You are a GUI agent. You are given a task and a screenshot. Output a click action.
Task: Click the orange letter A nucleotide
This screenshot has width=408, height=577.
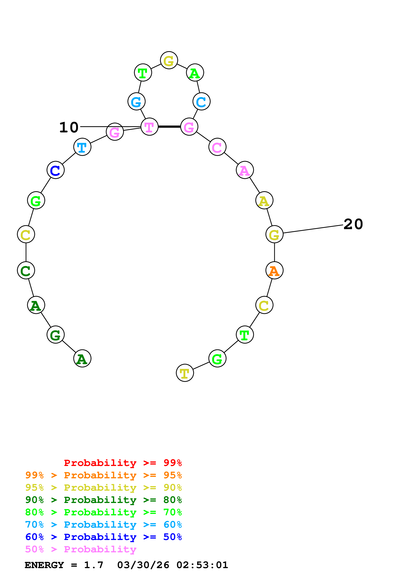click(x=274, y=270)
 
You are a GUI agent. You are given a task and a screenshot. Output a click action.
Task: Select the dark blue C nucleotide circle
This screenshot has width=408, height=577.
click(x=56, y=170)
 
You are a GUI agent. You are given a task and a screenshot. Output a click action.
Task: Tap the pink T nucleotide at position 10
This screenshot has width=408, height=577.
click(x=149, y=127)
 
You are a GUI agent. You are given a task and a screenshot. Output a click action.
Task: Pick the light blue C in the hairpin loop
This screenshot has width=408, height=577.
click(x=201, y=101)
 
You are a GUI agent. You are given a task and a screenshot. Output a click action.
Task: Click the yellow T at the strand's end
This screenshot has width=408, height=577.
click(x=185, y=373)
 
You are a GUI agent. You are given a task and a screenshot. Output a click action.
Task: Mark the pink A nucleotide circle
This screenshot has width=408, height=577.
click(x=245, y=170)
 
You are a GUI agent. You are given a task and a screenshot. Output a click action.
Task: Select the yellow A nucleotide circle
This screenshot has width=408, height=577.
click(x=264, y=200)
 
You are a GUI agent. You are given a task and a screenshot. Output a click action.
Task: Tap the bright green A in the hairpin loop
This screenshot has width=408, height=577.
click(x=195, y=73)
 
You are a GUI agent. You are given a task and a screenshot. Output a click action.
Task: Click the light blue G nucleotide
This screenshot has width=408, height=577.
click(x=136, y=101)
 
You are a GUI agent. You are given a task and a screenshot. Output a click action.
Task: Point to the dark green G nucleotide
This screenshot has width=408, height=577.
click(x=56, y=335)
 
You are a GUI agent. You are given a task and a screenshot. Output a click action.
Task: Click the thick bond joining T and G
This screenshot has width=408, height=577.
click(x=169, y=127)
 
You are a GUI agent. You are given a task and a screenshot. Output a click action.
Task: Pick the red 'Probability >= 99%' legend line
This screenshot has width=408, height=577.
click(x=123, y=463)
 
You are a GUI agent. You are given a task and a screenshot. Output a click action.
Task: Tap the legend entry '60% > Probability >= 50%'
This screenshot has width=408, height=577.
click(x=104, y=537)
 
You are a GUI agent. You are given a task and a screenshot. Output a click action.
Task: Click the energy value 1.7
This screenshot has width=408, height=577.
click(x=93, y=565)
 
